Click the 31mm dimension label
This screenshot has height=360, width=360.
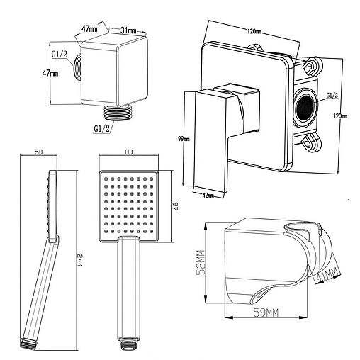[x=128, y=30]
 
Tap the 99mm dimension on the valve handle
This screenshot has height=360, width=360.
[x=184, y=139]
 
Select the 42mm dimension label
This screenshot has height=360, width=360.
[x=208, y=195]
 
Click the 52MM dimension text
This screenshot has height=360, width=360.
[x=201, y=262]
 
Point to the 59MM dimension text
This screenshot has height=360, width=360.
[x=266, y=313]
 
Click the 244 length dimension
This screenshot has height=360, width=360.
[x=79, y=260]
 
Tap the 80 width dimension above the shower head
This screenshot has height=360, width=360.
[x=128, y=152]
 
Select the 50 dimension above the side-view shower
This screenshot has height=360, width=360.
[x=39, y=152]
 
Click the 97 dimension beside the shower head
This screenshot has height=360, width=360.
[x=176, y=206]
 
